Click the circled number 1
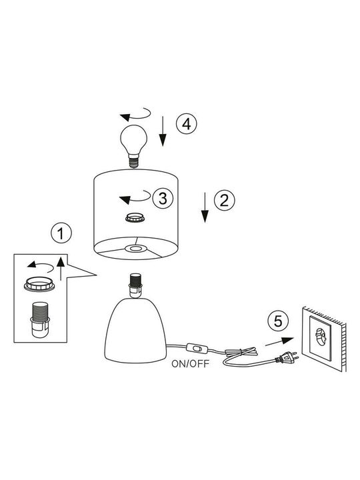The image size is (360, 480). coord(61,233)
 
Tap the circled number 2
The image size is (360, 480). coord(225,200)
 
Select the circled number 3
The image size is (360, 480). coord(163,198)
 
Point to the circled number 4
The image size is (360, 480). coord(187,124)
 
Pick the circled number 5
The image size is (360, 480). coord(278,321)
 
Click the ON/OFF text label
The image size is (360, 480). coord(191,364)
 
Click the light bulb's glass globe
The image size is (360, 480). coord(133,140)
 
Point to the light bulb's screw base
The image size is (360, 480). coord(133,161)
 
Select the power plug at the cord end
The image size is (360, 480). coord(287,357)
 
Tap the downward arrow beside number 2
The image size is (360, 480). coord(205,207)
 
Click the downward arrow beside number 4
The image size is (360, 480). coord(163,131)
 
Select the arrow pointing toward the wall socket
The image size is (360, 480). coord(279,341)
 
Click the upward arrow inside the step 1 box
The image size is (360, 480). coord(61,269)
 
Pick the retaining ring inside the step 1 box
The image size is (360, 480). coord(39,284)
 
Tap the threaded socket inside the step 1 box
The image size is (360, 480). coord(40,320)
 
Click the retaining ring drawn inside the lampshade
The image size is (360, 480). coord(135,218)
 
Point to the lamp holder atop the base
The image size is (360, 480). coord(135,285)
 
